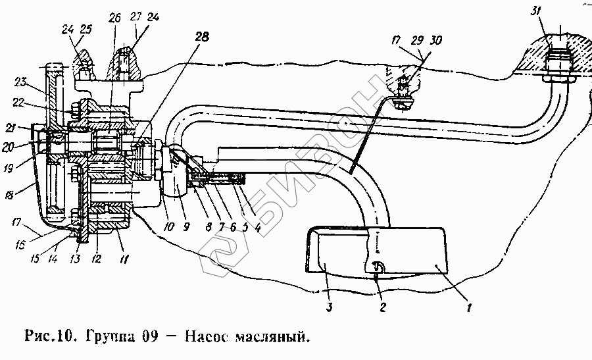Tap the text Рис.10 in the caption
(49, 338)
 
